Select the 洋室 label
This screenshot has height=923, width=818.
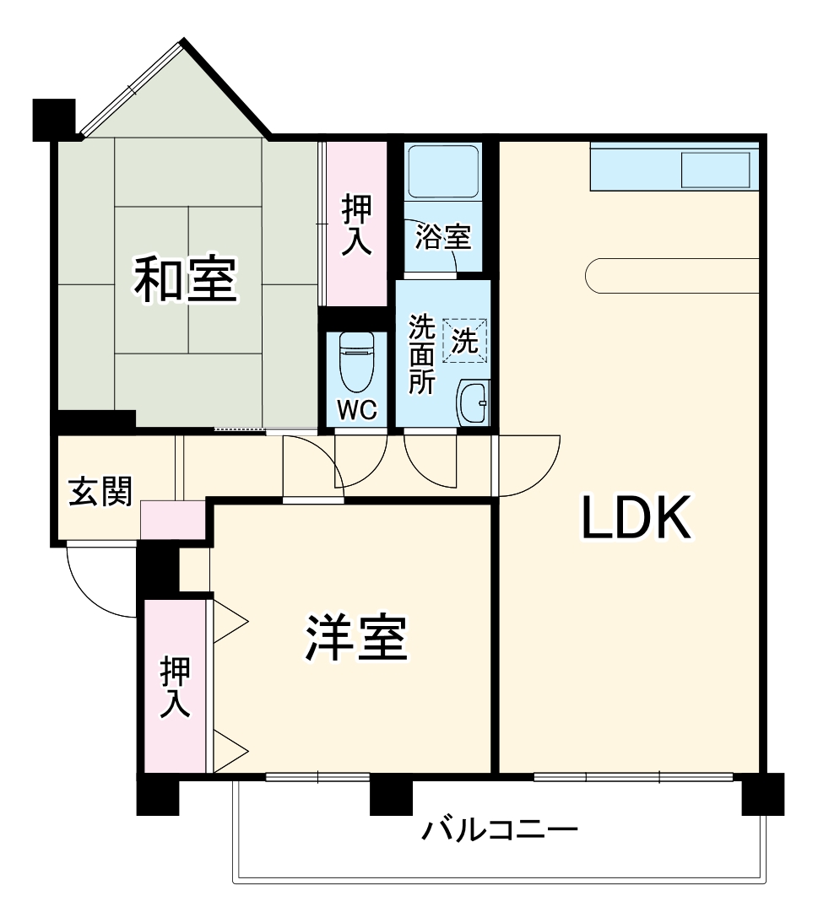(357, 639)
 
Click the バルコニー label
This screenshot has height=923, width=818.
(501, 830)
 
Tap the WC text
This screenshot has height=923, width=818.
(357, 410)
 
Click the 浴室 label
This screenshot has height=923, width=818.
(443, 237)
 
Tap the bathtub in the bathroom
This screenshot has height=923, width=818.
(443, 172)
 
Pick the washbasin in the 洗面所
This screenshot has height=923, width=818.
(473, 403)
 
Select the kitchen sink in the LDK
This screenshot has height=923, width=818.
(715, 170)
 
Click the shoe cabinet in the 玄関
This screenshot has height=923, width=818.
(173, 520)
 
